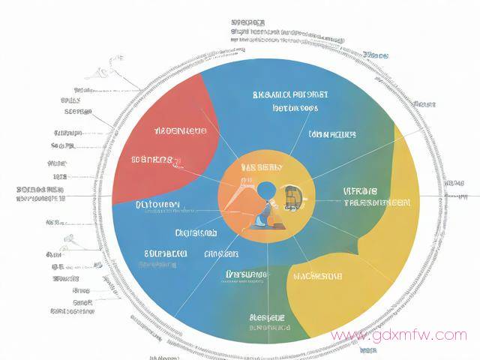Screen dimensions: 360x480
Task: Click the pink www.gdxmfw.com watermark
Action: tap(398, 334)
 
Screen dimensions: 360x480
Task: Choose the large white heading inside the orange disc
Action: tap(256, 167)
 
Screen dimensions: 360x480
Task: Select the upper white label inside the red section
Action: tap(179, 131)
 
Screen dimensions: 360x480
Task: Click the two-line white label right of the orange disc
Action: tap(376, 197)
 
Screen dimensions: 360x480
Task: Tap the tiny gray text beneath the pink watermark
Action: tap(367, 350)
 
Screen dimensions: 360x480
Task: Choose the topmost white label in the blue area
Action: tap(290, 95)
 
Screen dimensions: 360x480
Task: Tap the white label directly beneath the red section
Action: tap(157, 204)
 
